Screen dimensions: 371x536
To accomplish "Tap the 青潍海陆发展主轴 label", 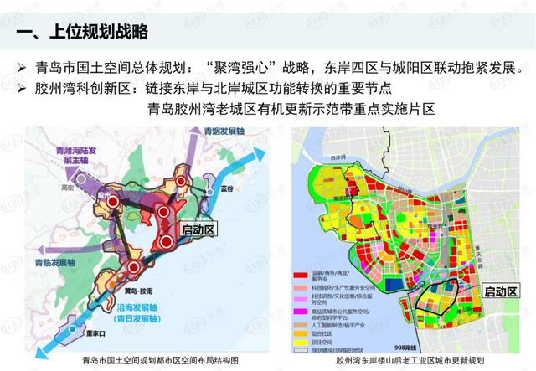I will [62, 154].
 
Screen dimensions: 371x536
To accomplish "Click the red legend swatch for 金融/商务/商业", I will [301, 276].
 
